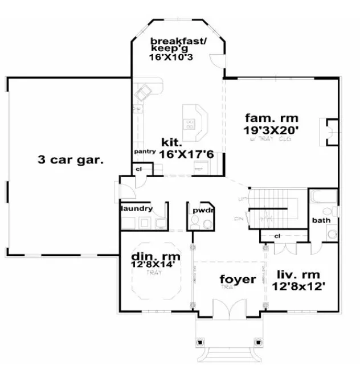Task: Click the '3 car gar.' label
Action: (71, 159)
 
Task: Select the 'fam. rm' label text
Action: (268, 118)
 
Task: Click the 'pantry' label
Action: (145, 152)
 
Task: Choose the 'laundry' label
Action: (137, 208)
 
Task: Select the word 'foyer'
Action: (238, 280)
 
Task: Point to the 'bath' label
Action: (321, 220)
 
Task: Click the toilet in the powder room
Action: (195, 226)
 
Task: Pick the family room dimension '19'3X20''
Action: (272, 130)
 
